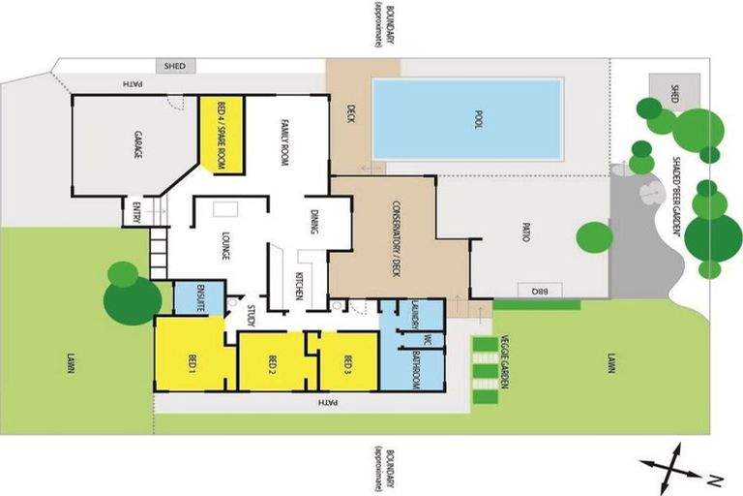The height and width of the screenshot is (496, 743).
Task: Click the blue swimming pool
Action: click(x=466, y=119)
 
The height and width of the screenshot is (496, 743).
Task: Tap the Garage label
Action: click(x=136, y=146)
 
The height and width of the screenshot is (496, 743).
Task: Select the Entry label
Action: click(x=136, y=212)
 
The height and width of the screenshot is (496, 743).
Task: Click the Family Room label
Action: click(x=286, y=136)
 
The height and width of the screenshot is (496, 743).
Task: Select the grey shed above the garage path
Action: click(x=176, y=66)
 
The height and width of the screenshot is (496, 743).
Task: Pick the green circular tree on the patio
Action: click(x=594, y=236)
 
